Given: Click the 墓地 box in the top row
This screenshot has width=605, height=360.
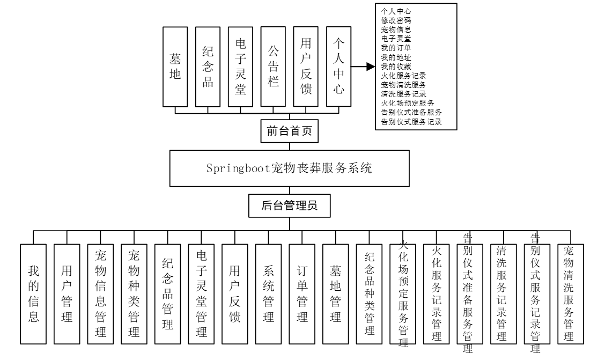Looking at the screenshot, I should (x=175, y=67).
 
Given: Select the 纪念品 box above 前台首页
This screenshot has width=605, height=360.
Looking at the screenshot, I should (x=208, y=67).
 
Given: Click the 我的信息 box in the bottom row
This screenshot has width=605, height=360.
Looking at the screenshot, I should (x=34, y=294).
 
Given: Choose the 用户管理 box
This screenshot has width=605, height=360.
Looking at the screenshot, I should (x=67, y=294).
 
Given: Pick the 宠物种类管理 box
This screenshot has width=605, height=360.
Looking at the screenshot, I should (x=134, y=294).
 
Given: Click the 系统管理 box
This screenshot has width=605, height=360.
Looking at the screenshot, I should (x=269, y=294).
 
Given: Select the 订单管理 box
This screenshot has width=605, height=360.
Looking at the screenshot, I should (x=302, y=294).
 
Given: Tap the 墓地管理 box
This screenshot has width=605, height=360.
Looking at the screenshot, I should (x=336, y=294).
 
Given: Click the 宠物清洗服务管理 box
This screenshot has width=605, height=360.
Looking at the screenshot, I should (x=571, y=293).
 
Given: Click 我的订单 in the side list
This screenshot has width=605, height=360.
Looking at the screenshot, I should (x=396, y=47).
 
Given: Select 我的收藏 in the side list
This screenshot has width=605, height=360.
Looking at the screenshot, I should (x=396, y=65).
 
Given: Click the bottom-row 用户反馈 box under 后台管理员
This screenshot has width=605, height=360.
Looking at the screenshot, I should (x=235, y=294).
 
